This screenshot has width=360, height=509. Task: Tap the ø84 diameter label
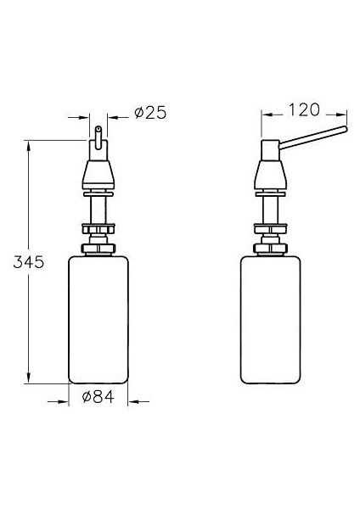click(99, 397)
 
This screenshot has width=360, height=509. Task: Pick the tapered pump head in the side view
click(269, 170)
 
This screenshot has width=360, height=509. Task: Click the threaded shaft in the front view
click(99, 208)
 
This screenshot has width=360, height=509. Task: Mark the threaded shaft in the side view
click(269, 208)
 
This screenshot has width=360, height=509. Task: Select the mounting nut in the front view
click(99, 228)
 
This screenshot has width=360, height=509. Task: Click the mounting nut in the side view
click(269, 228)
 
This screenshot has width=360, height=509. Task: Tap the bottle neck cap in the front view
click(99, 249)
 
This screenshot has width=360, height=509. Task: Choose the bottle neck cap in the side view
click(269, 249)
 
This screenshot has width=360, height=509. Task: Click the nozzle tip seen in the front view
click(99, 134)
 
